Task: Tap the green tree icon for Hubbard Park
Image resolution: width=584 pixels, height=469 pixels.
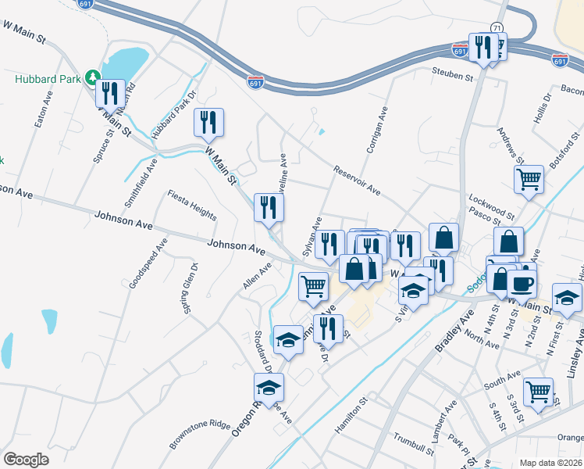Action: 94,77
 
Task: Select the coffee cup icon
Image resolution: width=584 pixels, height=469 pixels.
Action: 522,284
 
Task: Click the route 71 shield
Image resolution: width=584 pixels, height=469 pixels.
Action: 497,27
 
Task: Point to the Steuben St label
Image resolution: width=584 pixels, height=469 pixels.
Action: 454,77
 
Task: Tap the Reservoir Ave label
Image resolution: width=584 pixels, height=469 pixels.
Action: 356,181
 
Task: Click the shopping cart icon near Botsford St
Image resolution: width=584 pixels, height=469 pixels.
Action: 529,179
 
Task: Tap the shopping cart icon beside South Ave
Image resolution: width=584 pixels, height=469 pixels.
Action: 538,391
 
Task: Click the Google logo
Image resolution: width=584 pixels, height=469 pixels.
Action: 26,459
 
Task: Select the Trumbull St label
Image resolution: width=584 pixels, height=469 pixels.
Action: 413,442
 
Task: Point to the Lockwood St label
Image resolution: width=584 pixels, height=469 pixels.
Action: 492,207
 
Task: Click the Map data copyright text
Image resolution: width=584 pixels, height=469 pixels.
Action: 550,463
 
